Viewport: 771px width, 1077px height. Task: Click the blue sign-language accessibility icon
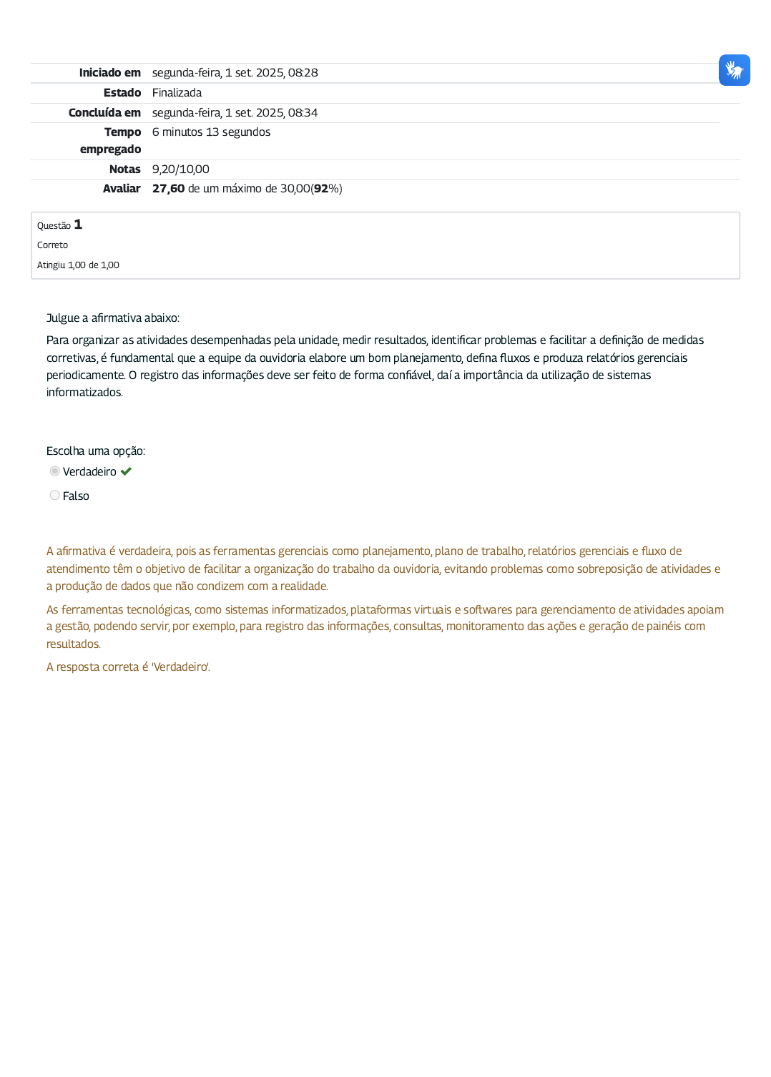coord(734,70)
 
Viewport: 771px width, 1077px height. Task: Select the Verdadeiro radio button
coord(55,471)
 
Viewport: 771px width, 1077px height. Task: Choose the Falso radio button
coord(55,496)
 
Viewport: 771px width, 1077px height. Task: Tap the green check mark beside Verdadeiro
coord(127,471)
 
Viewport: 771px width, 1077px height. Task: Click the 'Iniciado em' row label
coord(109,73)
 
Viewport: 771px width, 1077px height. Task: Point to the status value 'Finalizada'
coord(177,93)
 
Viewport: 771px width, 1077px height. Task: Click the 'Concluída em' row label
coord(104,113)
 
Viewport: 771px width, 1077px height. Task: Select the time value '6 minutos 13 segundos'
coord(211,132)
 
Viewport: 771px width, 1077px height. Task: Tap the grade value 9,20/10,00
coord(180,169)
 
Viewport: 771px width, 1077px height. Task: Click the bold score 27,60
coord(168,189)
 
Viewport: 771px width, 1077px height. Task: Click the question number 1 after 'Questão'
coord(78,225)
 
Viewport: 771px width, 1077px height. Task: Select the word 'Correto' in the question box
coord(52,245)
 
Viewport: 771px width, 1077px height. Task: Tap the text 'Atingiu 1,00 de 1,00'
coord(78,265)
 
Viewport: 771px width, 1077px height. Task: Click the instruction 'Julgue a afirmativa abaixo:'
coord(113,318)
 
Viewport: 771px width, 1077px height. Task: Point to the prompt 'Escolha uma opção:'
coord(96,451)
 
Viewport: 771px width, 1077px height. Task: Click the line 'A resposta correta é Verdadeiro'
coord(128,667)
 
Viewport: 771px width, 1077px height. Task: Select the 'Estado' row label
coord(122,93)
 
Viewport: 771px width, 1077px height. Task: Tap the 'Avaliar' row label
coord(122,189)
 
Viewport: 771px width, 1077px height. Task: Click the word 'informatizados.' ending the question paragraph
coord(84,393)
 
